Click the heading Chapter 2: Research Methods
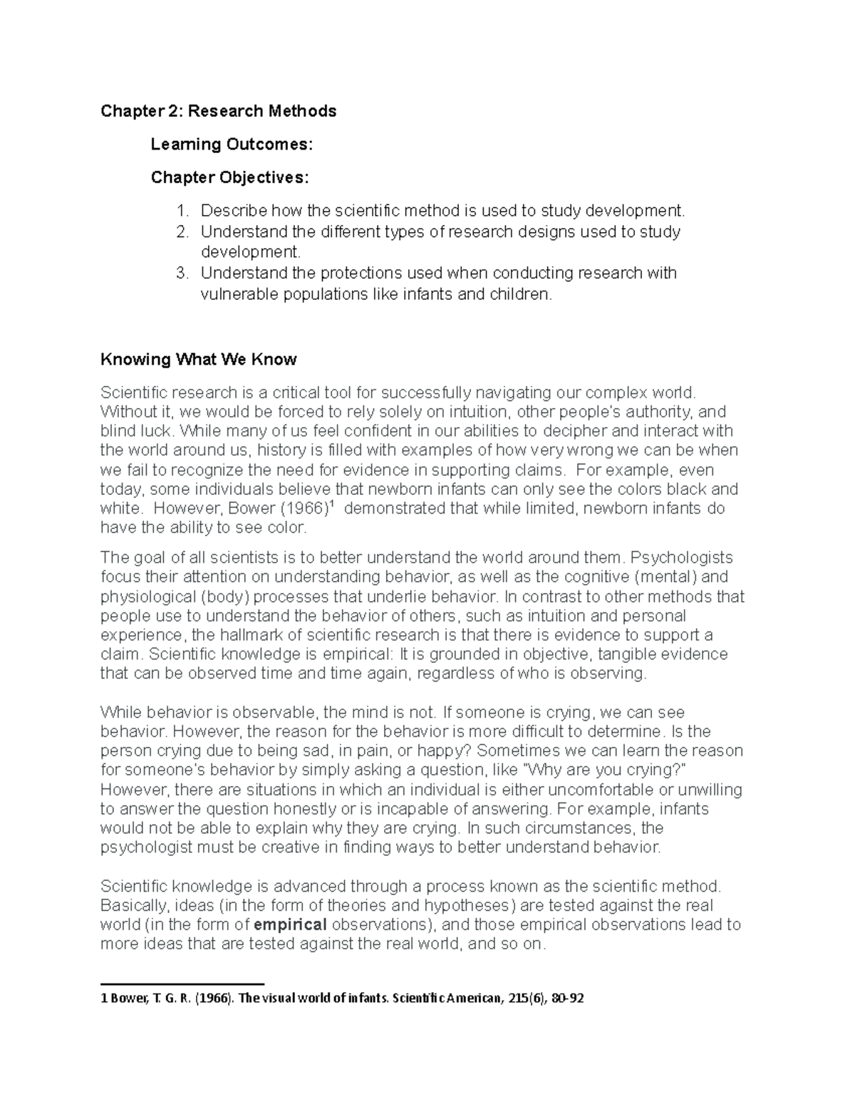click(x=218, y=111)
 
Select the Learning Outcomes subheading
click(x=231, y=145)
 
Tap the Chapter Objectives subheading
click(x=229, y=177)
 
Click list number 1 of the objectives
click(x=182, y=211)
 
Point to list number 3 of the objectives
click(x=182, y=273)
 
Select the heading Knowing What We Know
click(x=198, y=360)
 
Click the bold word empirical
click(x=290, y=925)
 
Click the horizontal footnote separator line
click(x=182, y=984)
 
